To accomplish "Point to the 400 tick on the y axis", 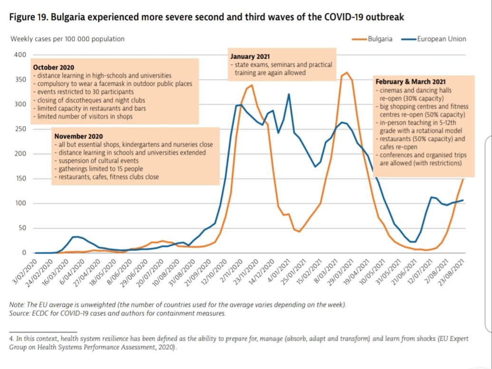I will (x=20, y=55).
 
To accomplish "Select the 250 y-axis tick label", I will (x=20, y=129).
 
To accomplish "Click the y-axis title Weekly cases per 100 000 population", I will (x=68, y=39).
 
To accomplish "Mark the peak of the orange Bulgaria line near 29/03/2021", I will (x=347, y=73).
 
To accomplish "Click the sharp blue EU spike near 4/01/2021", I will (x=289, y=94).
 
